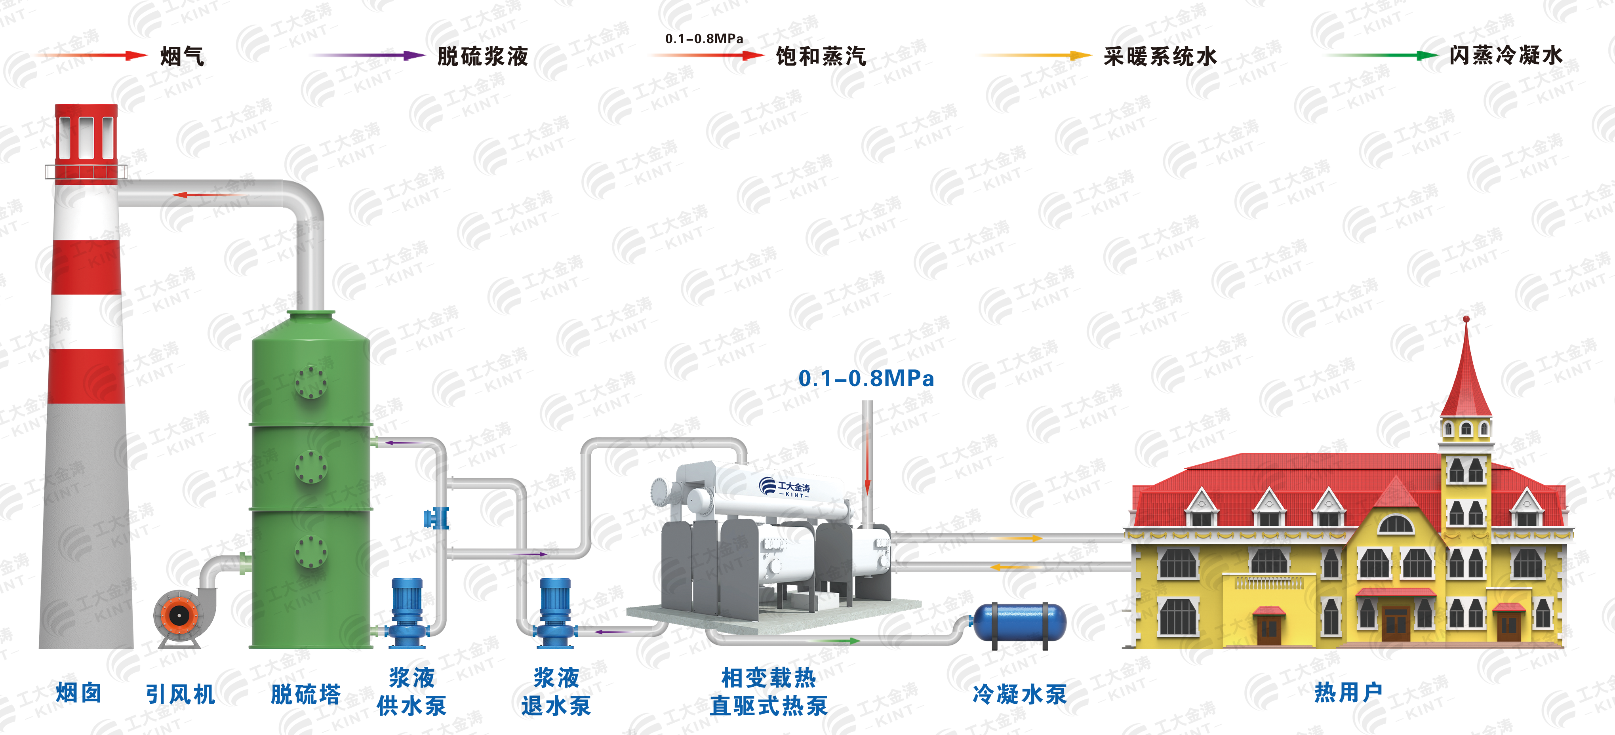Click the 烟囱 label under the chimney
78,693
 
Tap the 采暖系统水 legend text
1160,57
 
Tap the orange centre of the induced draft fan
179,615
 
